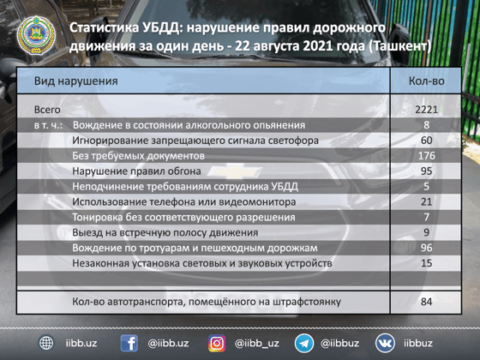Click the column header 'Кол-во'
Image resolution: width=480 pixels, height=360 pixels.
pyautogui.click(x=426, y=81)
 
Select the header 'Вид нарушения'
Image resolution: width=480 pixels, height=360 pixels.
pyautogui.click(x=75, y=81)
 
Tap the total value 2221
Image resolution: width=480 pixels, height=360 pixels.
pyautogui.click(x=426, y=110)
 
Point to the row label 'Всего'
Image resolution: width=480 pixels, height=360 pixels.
pyautogui.click(x=47, y=110)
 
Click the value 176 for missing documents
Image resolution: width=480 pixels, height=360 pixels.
pyautogui.click(x=426, y=156)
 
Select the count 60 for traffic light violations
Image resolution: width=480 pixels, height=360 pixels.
pyautogui.click(x=426, y=141)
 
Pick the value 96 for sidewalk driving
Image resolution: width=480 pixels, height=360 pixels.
pyautogui.click(x=426, y=248)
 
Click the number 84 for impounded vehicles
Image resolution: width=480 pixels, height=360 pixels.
pyautogui.click(x=426, y=302)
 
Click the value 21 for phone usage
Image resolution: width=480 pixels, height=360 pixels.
pyautogui.click(x=426, y=201)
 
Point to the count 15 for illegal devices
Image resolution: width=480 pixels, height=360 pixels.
pyautogui.click(x=426, y=263)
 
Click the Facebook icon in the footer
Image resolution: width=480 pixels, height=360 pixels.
pyautogui.click(x=129, y=343)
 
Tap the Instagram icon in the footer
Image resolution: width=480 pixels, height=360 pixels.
pyautogui.click(x=218, y=343)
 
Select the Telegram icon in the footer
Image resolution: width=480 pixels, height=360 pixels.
pyautogui.click(x=303, y=343)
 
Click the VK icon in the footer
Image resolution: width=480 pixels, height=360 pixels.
pyautogui.click(x=385, y=343)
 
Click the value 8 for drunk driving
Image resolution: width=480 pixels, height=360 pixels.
pyautogui.click(x=426, y=125)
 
